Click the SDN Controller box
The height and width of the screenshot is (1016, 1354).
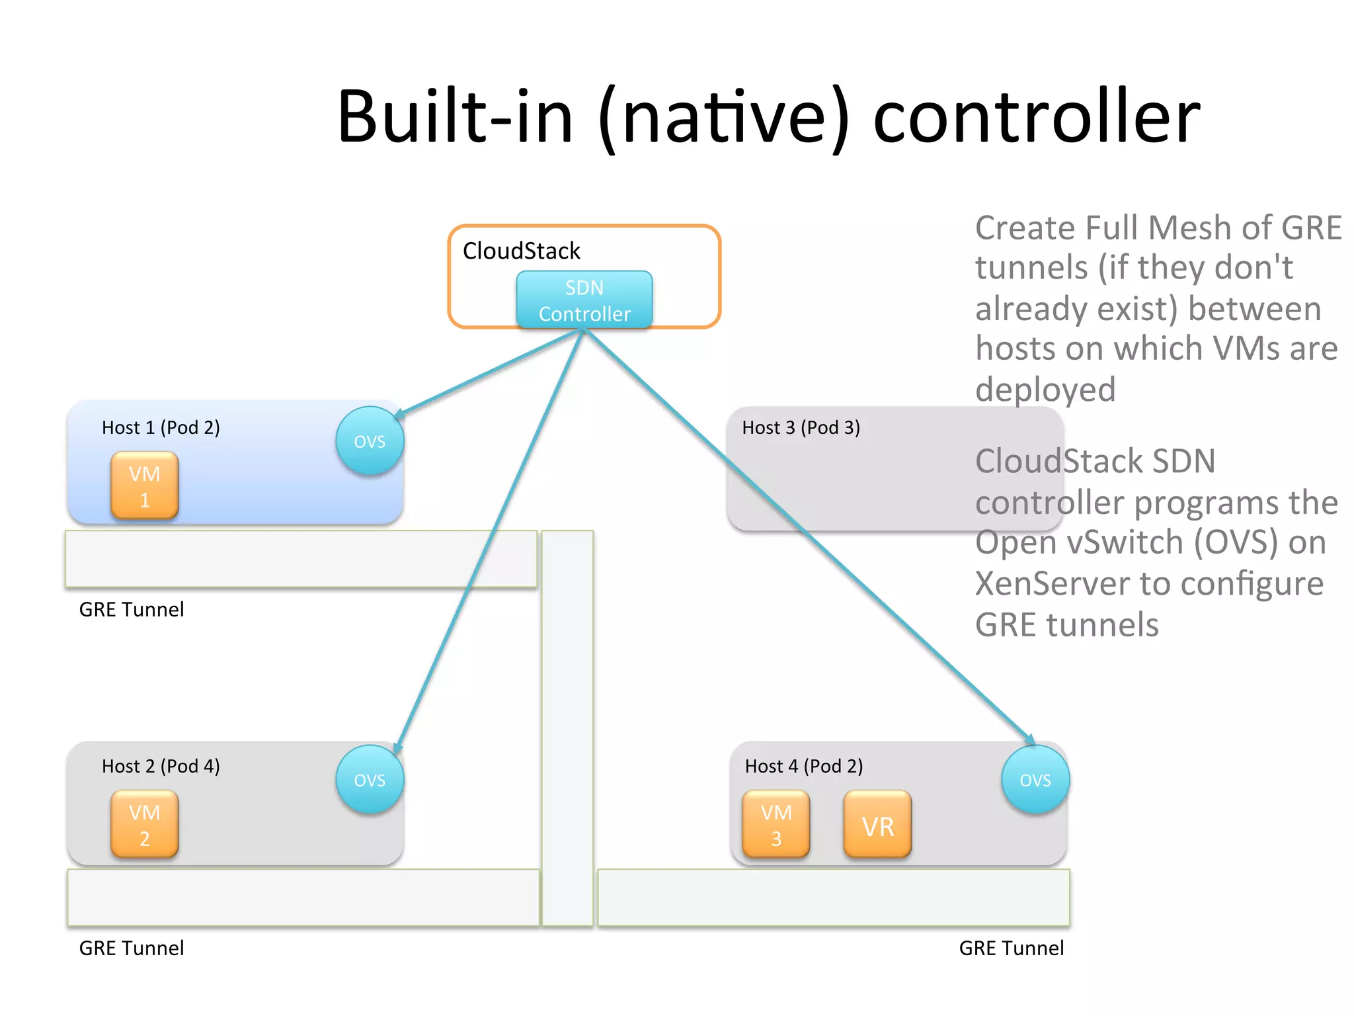(x=584, y=300)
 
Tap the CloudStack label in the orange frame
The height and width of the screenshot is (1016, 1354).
(x=521, y=251)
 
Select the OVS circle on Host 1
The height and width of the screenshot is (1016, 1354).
(x=369, y=441)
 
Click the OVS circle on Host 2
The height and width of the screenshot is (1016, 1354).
(x=369, y=780)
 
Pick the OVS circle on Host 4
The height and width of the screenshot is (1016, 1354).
(x=1035, y=780)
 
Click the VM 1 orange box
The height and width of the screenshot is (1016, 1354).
(x=144, y=486)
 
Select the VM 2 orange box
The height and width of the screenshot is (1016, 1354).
(x=144, y=825)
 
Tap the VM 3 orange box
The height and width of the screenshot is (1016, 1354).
(x=776, y=825)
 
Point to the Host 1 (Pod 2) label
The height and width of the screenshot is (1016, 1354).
(x=161, y=428)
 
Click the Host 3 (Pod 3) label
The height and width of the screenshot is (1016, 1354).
(x=801, y=428)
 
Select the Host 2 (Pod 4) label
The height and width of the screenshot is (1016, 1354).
(x=161, y=767)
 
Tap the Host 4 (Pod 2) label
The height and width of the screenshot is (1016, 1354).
(x=803, y=767)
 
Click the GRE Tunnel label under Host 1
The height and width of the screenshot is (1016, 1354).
(x=132, y=609)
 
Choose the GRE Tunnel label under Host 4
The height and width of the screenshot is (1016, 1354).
(x=1011, y=948)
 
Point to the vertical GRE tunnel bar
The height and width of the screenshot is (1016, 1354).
(x=567, y=728)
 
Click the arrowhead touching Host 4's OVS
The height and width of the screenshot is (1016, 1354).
(x=1029, y=740)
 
